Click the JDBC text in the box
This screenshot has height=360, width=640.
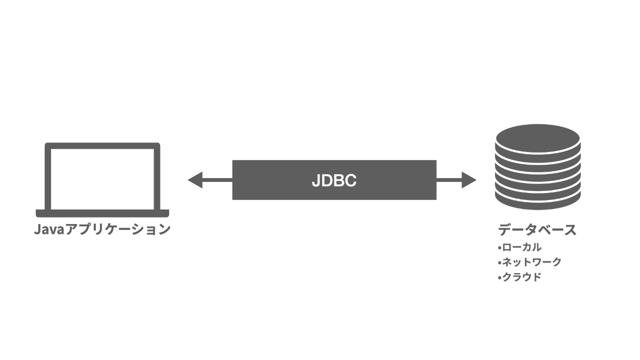(x=334, y=180)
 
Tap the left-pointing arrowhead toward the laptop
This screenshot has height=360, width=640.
(x=195, y=180)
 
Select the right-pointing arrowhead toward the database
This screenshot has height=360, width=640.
(x=469, y=180)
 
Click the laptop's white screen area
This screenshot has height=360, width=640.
(x=102, y=179)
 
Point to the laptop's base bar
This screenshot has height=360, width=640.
(x=102, y=213)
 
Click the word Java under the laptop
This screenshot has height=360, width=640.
(x=49, y=229)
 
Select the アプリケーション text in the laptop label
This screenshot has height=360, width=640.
(x=118, y=229)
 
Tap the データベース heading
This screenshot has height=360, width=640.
(x=537, y=230)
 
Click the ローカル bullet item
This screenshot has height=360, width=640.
(x=522, y=247)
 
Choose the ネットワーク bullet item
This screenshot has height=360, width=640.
(x=532, y=262)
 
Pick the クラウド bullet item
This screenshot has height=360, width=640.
(x=522, y=277)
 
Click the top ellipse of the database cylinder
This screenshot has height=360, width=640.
(x=538, y=138)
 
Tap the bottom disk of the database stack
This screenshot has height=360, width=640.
(x=538, y=202)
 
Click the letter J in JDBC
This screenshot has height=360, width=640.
(x=315, y=181)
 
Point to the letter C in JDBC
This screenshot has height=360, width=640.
(x=350, y=181)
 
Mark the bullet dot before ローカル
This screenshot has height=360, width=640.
(x=499, y=248)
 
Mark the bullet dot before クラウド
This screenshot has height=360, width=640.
(x=499, y=277)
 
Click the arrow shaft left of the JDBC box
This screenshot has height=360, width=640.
(x=218, y=180)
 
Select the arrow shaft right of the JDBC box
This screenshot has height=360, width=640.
(x=449, y=180)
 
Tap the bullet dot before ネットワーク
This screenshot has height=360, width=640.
(x=499, y=262)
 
